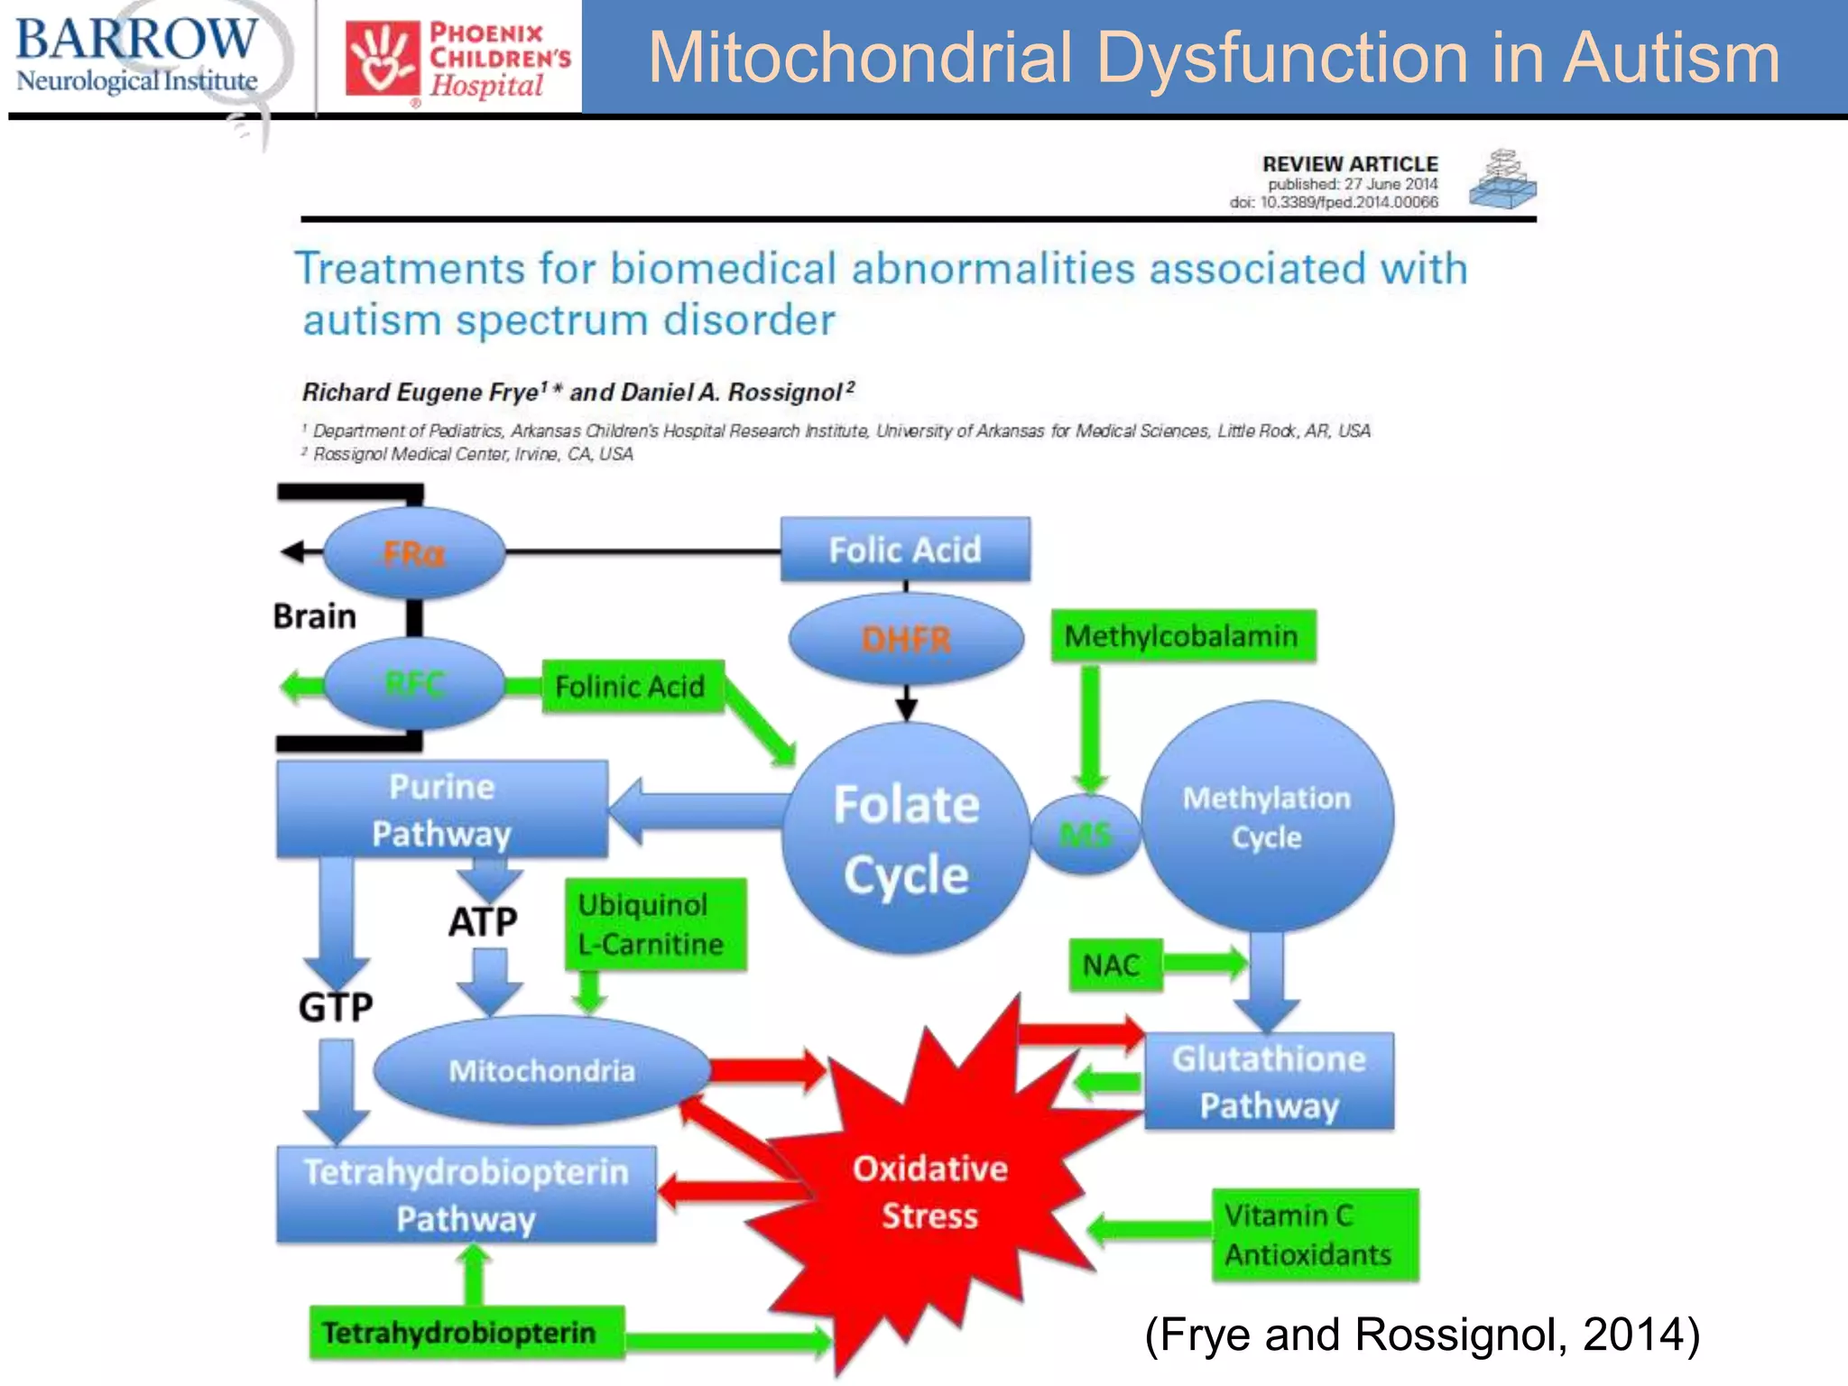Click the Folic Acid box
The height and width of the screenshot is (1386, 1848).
tap(905, 550)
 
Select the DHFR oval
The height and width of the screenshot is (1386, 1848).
tap(906, 639)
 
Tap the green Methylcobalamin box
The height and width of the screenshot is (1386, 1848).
tap(1182, 636)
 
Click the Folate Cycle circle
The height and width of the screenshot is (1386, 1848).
tap(906, 838)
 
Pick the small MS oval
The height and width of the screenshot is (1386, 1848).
tap(1086, 835)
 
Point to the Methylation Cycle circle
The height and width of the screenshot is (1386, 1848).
tap(1267, 817)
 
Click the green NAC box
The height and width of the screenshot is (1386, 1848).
tap(1113, 966)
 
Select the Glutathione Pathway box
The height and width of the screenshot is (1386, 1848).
tap(1269, 1082)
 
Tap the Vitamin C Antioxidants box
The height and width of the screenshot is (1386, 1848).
tap(1314, 1234)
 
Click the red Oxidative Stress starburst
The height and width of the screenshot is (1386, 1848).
tap(929, 1191)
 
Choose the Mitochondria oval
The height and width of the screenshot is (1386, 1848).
tap(541, 1070)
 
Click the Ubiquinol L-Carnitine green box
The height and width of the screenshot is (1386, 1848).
tap(654, 925)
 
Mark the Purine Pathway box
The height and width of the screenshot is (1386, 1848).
tap(441, 809)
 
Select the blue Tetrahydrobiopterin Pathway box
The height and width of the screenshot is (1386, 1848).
tap(466, 1195)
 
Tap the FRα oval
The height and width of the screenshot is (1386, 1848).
tap(414, 552)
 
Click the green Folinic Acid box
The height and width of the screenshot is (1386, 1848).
tap(632, 687)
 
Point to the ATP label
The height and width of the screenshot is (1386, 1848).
tap(483, 922)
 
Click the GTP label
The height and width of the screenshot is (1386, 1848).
tap(336, 1007)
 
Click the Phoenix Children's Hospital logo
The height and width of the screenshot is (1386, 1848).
tap(458, 60)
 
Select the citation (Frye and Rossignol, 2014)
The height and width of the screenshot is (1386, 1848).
tap(1422, 1334)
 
